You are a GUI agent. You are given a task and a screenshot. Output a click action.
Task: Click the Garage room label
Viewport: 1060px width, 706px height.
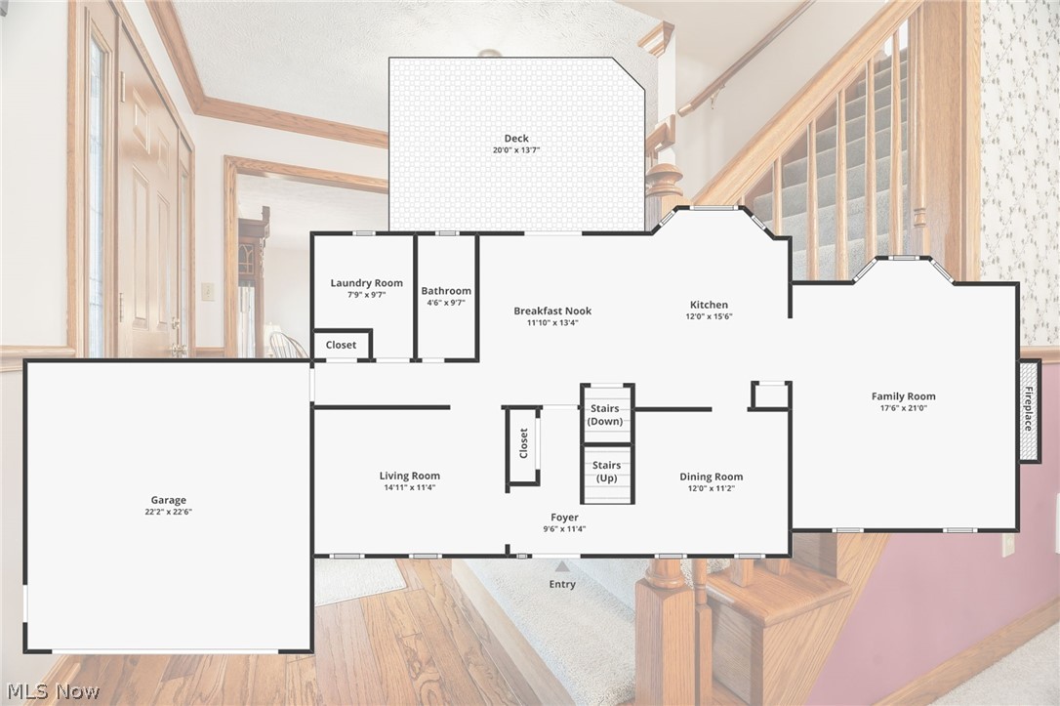pyautogui.click(x=168, y=500)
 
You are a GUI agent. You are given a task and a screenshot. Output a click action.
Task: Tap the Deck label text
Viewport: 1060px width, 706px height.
pyautogui.click(x=516, y=138)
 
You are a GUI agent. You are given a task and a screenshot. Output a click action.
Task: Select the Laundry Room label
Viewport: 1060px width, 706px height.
pyautogui.click(x=366, y=283)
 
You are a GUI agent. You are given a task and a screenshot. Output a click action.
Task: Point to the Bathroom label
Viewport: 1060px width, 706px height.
pyautogui.click(x=446, y=290)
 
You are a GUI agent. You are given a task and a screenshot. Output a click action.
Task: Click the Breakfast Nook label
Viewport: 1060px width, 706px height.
pyautogui.click(x=552, y=311)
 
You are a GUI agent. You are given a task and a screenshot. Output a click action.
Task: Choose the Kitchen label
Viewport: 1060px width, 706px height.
pyautogui.click(x=709, y=305)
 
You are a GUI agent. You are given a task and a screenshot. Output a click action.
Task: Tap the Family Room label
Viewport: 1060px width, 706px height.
pyautogui.click(x=903, y=395)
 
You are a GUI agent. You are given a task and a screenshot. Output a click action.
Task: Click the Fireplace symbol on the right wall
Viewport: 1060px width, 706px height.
pyautogui.click(x=1029, y=410)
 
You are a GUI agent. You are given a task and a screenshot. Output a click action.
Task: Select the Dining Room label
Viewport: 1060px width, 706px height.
pyautogui.click(x=711, y=477)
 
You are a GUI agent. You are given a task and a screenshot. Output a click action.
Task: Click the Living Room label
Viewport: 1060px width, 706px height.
pyautogui.click(x=410, y=476)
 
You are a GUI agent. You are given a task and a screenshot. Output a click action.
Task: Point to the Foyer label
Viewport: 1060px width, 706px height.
pyautogui.click(x=564, y=518)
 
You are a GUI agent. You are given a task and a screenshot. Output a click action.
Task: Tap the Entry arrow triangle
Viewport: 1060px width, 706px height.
pyautogui.click(x=561, y=564)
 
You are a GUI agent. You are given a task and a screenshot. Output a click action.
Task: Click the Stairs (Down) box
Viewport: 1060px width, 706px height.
pyautogui.click(x=606, y=415)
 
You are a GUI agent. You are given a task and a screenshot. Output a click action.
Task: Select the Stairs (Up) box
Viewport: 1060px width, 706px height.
pyautogui.click(x=607, y=473)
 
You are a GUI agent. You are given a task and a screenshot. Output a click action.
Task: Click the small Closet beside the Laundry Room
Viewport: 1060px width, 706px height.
pyautogui.click(x=341, y=345)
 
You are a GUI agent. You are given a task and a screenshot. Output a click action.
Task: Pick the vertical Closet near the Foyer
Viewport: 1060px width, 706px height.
pyautogui.click(x=523, y=444)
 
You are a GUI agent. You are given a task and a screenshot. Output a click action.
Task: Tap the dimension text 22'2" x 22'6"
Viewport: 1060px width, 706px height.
pyautogui.click(x=168, y=512)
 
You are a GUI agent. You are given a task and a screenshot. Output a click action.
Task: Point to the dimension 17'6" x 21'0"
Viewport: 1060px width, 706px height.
pyautogui.click(x=903, y=408)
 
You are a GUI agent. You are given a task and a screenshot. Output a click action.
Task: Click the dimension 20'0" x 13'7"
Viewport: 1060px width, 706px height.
pyautogui.click(x=516, y=150)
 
